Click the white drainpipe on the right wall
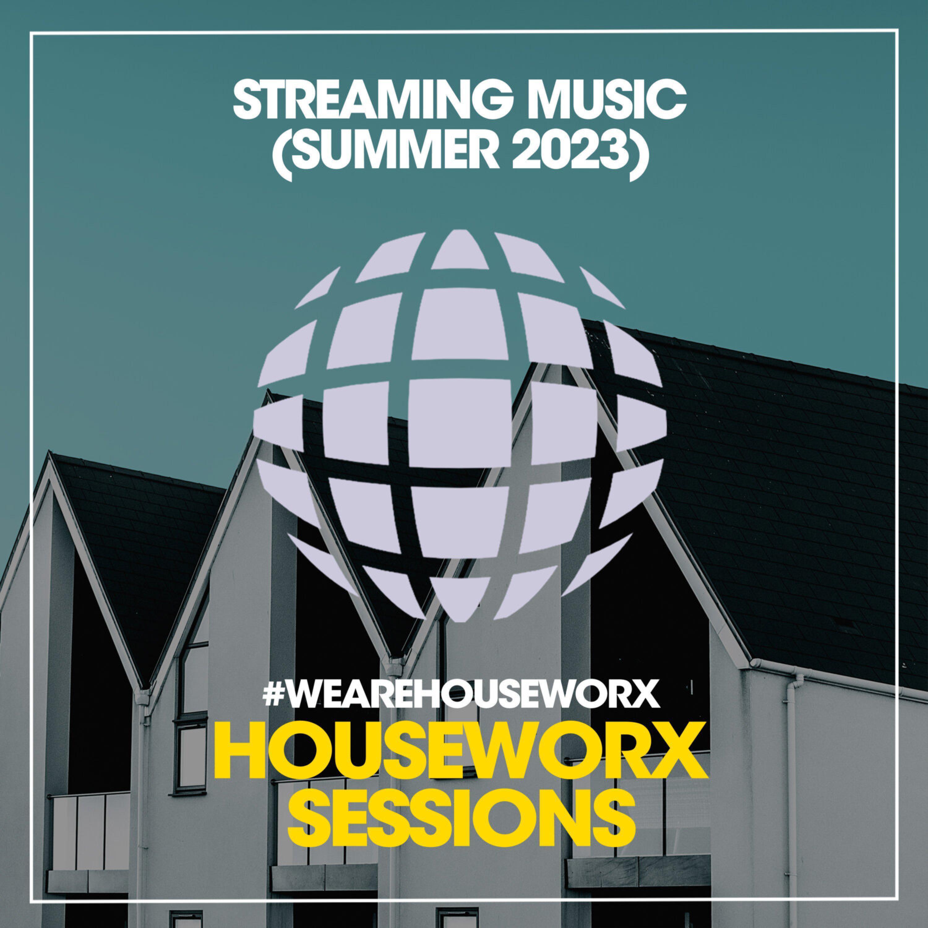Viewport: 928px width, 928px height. [792, 793]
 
